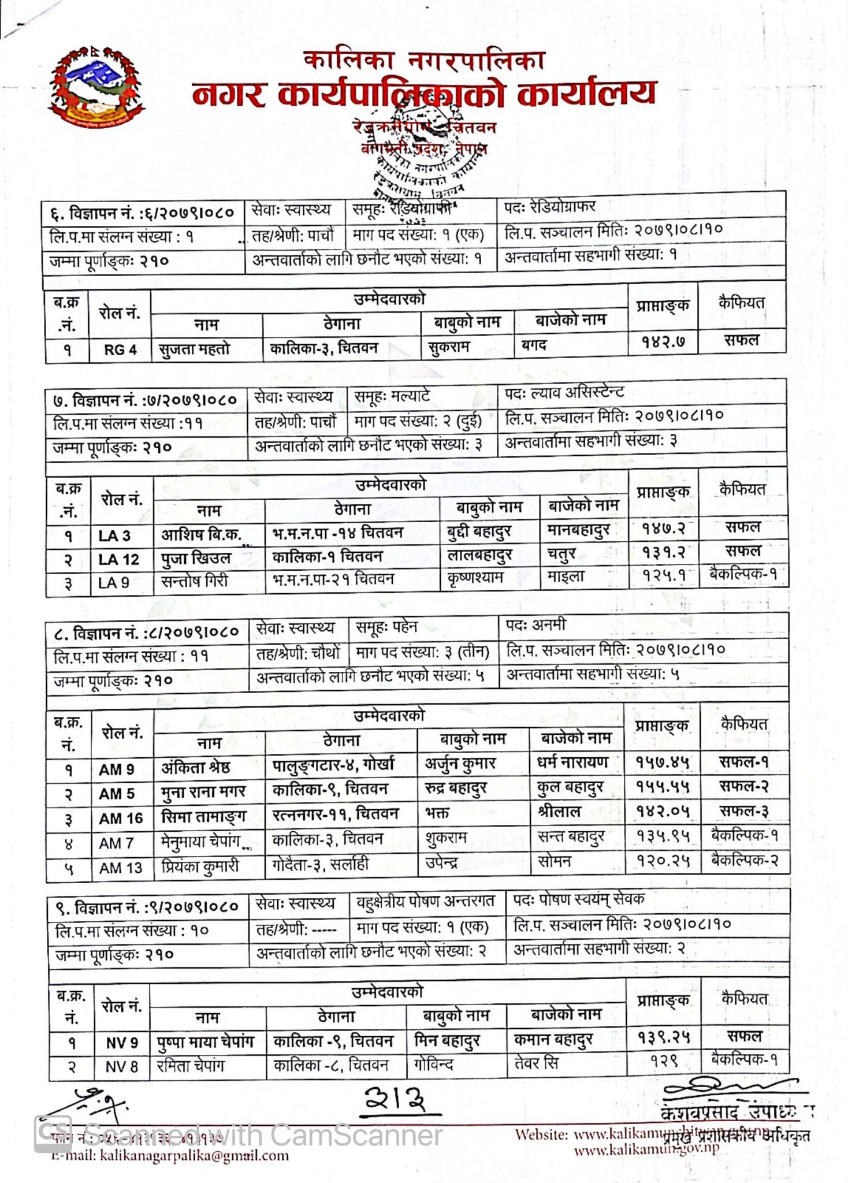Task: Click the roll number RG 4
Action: (x=120, y=350)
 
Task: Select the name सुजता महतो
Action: (x=194, y=349)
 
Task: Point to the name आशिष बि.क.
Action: (x=201, y=534)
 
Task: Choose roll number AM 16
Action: (x=120, y=819)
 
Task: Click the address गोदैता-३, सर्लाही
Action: (x=320, y=865)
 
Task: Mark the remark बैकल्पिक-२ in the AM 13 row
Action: (x=745, y=860)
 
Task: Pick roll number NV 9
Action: (x=122, y=1043)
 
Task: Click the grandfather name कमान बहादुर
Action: (x=553, y=1040)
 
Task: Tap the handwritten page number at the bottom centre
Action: (x=397, y=1099)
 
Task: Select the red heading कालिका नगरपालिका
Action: (x=424, y=60)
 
